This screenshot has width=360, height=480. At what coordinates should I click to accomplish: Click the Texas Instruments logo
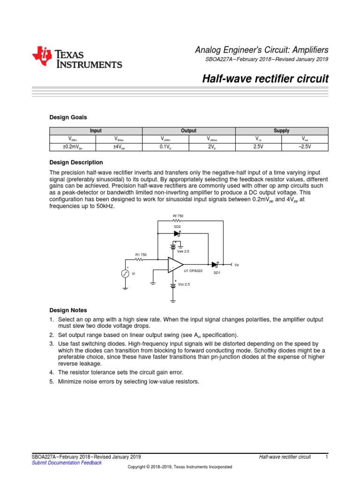pos(77,57)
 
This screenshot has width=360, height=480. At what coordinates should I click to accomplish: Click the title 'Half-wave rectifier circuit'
pos(265,78)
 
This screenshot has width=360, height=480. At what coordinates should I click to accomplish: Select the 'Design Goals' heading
pos(68,117)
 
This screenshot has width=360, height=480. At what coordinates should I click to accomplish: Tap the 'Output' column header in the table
pos(188,131)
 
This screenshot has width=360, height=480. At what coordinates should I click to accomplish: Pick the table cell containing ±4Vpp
pos(119,147)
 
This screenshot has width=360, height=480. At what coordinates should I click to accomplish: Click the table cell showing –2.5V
pos(305,147)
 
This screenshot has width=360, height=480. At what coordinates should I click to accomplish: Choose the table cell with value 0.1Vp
pos(165,147)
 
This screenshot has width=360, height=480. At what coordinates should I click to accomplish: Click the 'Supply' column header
pos(281,131)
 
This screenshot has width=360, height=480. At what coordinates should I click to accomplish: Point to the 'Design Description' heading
pos(76,162)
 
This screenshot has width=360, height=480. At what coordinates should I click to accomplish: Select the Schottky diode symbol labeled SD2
pos(177,233)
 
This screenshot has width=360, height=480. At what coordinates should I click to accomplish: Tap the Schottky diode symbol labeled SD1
pos(216,265)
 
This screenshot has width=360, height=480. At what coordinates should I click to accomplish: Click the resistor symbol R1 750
pos(141,259)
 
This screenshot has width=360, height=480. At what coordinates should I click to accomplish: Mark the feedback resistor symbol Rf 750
pos(178,221)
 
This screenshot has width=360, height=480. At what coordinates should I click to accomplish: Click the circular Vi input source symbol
pos(125,274)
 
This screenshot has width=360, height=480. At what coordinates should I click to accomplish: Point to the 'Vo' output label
pos(236,265)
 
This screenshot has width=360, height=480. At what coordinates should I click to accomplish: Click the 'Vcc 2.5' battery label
pos(184,284)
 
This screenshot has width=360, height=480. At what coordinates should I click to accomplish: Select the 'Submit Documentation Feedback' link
pos(66,463)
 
